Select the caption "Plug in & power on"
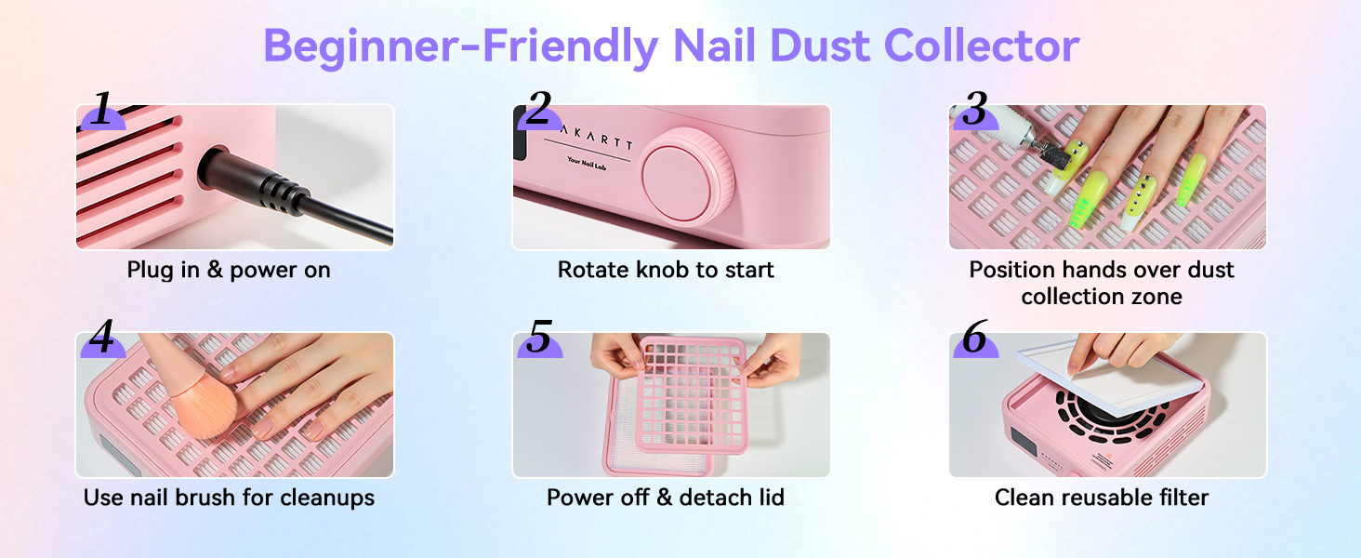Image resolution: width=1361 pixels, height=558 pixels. pos(229,271)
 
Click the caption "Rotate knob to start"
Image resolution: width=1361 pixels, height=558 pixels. pos(666,271)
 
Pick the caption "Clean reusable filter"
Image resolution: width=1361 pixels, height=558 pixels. pos(1102,498)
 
